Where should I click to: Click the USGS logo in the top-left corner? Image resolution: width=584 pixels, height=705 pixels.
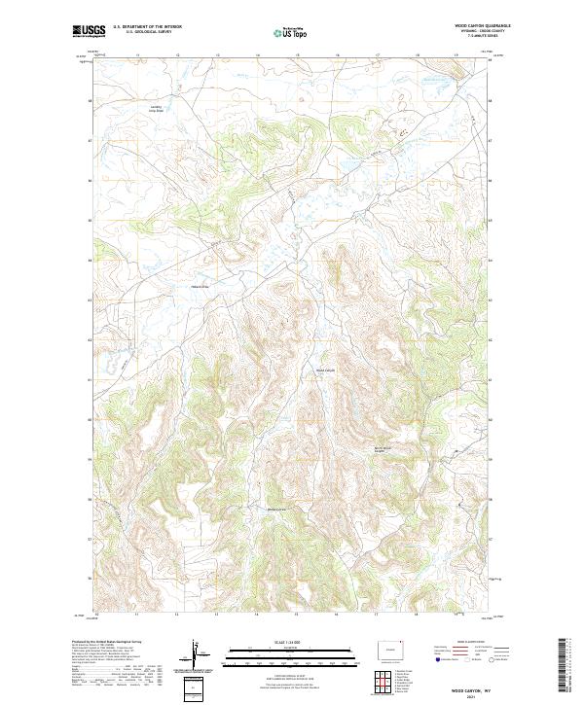(x=89, y=31)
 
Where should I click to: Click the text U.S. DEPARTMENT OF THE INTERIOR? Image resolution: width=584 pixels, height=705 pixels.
(x=147, y=26)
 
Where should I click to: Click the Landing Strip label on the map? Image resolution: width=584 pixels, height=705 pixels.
(x=157, y=110)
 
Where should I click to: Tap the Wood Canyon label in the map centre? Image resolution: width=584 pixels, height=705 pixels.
(x=324, y=369)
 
